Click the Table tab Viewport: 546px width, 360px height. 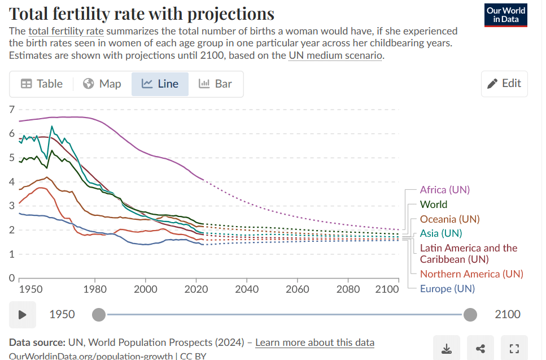[42, 84]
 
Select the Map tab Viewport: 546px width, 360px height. [102, 84]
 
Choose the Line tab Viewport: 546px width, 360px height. [160, 84]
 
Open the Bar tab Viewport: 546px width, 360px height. [215, 84]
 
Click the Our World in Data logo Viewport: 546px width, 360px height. [506, 15]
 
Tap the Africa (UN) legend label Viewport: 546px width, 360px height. [444, 190]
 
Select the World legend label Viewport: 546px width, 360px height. [433, 205]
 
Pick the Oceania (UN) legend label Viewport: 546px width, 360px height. [449, 219]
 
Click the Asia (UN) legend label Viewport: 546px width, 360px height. [440, 233]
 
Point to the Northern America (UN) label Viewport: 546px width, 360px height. [471, 274]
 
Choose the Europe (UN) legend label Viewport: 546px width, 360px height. [447, 289]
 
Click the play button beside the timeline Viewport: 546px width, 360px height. [23, 315]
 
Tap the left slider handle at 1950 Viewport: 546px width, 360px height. [98, 315]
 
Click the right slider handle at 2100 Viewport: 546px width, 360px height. [470, 315]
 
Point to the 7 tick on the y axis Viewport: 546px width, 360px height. [11, 109]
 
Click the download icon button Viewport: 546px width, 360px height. [447, 349]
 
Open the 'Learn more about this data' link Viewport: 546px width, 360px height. [315, 342]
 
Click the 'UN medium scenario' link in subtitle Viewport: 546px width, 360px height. [335, 55]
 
